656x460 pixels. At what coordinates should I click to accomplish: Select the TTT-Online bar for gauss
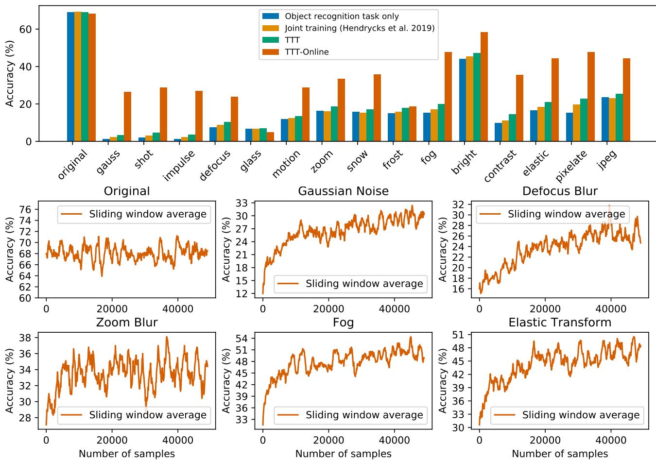127,117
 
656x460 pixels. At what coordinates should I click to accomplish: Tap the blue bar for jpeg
605,119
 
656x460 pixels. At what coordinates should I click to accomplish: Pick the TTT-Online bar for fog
448,97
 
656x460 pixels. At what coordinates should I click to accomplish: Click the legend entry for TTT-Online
307,52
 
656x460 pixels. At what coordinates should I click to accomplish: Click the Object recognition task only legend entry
342,17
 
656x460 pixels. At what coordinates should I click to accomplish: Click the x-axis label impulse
179,165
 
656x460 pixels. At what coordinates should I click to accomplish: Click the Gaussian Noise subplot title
343,191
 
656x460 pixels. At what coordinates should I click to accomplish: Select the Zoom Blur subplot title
127,323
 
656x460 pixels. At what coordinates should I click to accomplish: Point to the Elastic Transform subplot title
560,323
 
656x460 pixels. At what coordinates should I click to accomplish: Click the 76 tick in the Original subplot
25,209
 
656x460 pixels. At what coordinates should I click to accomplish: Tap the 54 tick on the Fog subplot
242,338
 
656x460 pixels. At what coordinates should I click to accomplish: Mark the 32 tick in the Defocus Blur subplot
459,204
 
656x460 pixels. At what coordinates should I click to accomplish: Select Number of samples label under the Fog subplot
343,454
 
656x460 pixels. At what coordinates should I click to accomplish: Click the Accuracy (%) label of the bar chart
10,74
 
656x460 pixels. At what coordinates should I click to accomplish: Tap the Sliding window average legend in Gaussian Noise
350,284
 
